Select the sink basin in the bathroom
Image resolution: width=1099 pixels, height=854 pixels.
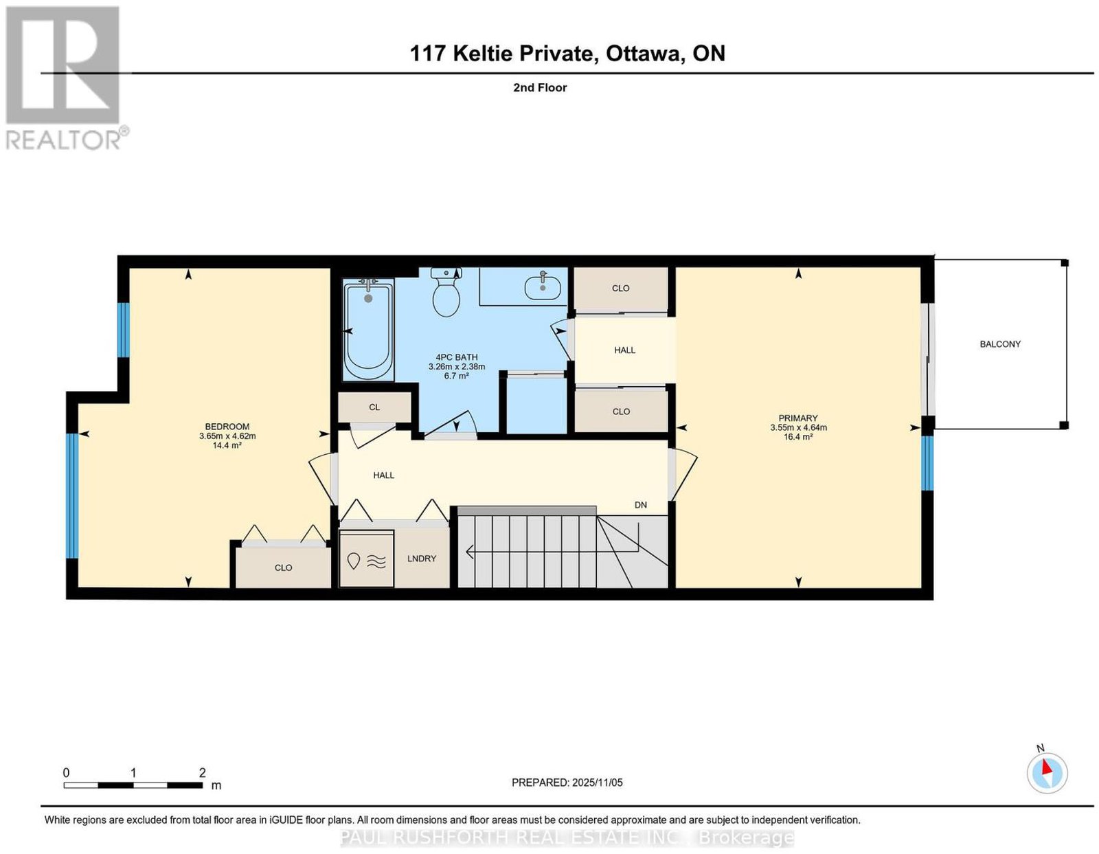[x=543, y=288]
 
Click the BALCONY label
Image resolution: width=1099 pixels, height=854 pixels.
[x=1000, y=344]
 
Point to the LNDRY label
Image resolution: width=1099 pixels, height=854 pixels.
[x=421, y=558]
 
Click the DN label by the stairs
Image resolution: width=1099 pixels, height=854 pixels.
[x=640, y=504]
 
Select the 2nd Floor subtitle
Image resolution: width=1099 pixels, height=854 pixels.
[x=540, y=87]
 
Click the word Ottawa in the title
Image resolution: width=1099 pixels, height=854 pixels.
[x=642, y=53]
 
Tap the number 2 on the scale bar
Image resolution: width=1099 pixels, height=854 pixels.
[x=203, y=772]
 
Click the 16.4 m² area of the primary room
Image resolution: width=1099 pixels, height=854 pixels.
[x=798, y=436]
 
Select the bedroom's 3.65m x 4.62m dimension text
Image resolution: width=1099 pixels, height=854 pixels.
[x=227, y=436]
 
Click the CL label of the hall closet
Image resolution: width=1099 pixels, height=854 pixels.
[x=374, y=407]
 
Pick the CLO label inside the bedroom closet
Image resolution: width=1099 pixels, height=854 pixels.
[x=283, y=568]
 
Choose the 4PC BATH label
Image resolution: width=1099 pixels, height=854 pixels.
[x=456, y=357]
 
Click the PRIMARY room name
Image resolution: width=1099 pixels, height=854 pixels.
[x=798, y=418]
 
